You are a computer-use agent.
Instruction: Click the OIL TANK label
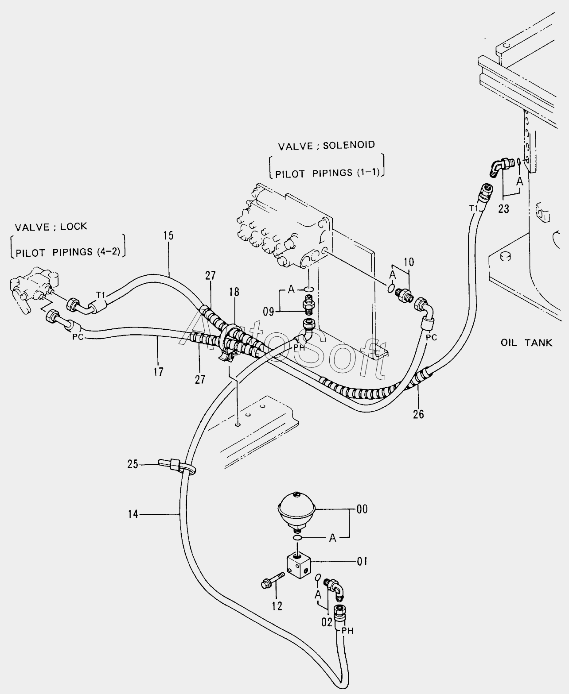[x=526, y=343]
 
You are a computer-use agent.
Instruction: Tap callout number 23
[x=503, y=208]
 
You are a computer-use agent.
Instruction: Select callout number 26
[x=418, y=414]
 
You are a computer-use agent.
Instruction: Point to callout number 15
[x=168, y=235]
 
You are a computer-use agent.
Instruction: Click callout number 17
[x=158, y=372]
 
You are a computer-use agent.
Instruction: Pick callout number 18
[x=234, y=292]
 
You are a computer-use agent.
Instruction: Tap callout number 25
[x=133, y=464]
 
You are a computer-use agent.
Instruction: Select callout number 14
[x=133, y=514]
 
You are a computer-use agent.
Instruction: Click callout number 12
[x=277, y=606]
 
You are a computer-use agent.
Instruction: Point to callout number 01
[x=362, y=562]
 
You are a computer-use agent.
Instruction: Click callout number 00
[x=362, y=509]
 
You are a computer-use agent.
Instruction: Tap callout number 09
[x=269, y=312]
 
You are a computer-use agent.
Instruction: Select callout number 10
[x=409, y=262]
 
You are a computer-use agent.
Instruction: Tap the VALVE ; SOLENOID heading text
[x=326, y=145]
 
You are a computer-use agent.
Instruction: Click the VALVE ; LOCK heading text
[x=51, y=227]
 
